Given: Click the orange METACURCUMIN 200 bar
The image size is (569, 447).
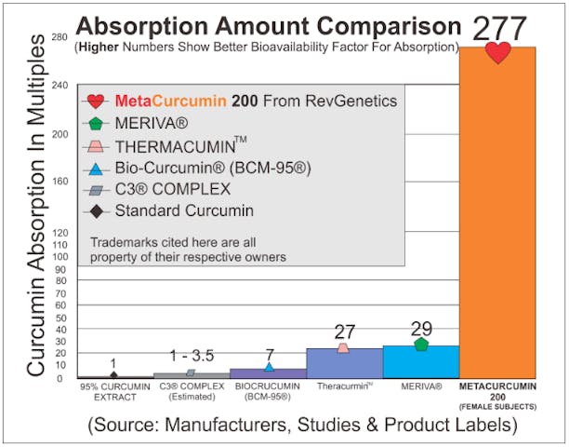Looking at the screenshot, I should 498,223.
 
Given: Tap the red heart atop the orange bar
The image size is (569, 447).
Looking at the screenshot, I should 499,52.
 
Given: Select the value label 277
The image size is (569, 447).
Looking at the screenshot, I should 499,27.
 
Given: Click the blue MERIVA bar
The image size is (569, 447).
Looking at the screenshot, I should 421,361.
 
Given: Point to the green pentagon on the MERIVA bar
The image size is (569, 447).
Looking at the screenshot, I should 421,345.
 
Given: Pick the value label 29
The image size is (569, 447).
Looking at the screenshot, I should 421,329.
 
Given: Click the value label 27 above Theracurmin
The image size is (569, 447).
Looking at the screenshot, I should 344,332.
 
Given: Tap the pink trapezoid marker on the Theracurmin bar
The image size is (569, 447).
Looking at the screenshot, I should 343,347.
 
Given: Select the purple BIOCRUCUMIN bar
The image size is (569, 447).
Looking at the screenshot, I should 268,372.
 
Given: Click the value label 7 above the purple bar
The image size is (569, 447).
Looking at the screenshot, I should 269,354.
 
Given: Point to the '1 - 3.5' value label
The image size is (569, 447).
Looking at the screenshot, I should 191,357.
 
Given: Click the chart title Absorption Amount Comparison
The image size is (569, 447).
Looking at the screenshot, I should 269,24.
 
